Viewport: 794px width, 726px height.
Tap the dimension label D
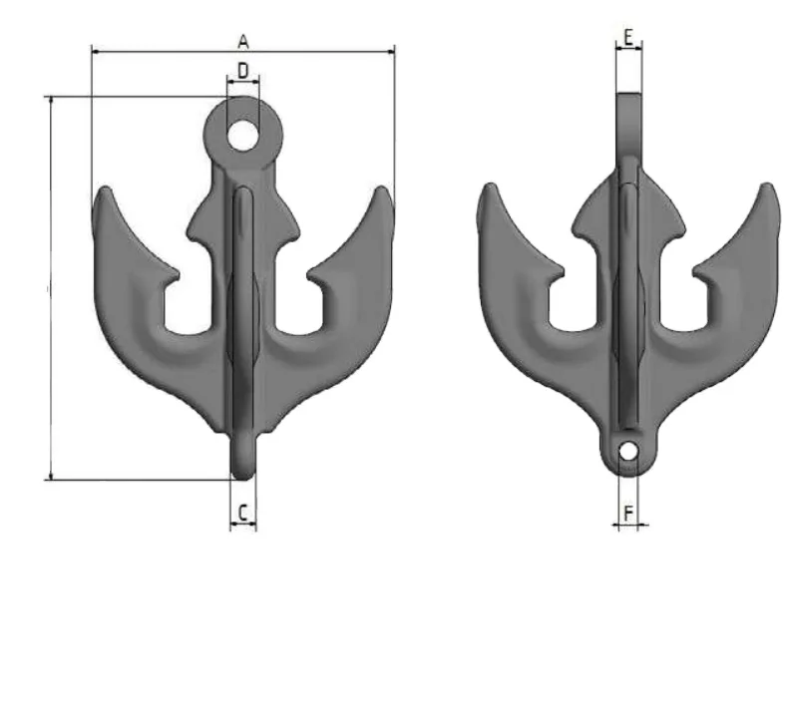point(242,70)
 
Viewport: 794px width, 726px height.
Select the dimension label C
point(242,513)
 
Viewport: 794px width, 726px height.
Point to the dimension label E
point(628,37)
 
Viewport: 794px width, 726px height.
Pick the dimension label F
point(627,513)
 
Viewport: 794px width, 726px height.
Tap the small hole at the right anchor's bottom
point(627,452)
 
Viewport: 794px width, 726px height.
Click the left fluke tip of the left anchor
point(101,195)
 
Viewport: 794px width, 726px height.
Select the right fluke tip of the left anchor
point(384,193)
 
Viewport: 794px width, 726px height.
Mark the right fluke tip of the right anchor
point(766,192)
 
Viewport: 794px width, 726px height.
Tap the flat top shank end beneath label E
point(628,98)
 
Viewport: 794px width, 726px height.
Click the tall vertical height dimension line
point(50,289)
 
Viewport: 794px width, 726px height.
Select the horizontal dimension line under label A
point(242,48)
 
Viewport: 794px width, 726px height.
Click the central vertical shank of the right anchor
point(627,299)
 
